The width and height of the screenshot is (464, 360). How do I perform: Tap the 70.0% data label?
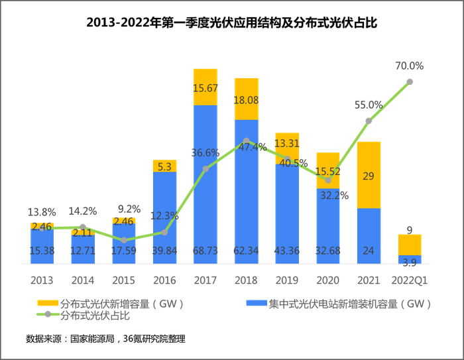pyautogui.click(x=410, y=66)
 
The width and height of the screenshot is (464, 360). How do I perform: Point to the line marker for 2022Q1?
pyautogui.click(x=410, y=82)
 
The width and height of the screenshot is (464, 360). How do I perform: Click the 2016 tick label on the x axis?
pyautogui.click(x=164, y=279)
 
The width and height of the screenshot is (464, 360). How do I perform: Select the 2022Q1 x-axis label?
pyautogui.click(x=410, y=279)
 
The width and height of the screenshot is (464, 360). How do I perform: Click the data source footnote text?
pyautogui.click(x=105, y=339)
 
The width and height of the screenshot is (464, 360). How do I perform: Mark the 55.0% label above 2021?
pyautogui.click(x=369, y=105)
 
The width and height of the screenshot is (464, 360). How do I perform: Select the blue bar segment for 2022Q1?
pyautogui.click(x=410, y=259)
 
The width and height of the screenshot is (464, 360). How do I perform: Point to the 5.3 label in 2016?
pyautogui.click(x=164, y=166)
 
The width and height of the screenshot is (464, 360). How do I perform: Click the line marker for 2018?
pyautogui.click(x=246, y=141)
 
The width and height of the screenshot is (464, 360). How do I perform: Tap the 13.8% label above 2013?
pyautogui.click(x=42, y=212)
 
